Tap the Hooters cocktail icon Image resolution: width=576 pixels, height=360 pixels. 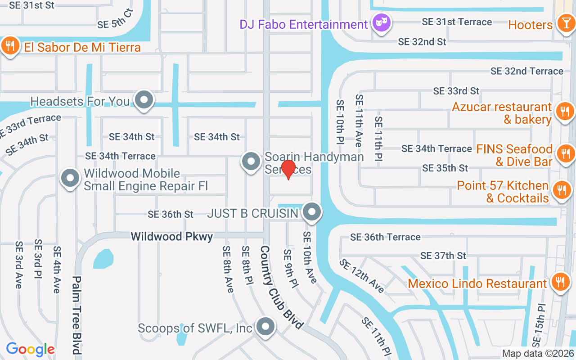[x=564, y=22]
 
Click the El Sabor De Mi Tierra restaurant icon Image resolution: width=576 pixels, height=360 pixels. [x=9, y=45]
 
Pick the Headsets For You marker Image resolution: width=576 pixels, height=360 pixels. [x=144, y=100]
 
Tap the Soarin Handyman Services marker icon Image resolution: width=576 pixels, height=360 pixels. [x=251, y=161]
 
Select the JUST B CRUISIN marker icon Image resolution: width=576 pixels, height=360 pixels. [x=311, y=211]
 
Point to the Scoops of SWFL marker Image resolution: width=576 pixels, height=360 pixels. [x=265, y=327]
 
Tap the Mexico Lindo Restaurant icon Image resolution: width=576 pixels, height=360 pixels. [x=560, y=282]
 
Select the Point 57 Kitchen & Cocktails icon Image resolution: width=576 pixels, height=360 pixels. [x=561, y=190]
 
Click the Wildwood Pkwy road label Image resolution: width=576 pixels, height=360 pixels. [x=171, y=236]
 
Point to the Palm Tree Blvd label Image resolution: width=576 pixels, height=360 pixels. [x=77, y=315]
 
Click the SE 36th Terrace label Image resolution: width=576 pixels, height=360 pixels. [x=385, y=237]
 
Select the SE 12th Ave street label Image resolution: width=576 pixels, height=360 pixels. [x=362, y=276]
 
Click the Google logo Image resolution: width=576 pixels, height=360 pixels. [x=30, y=349]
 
